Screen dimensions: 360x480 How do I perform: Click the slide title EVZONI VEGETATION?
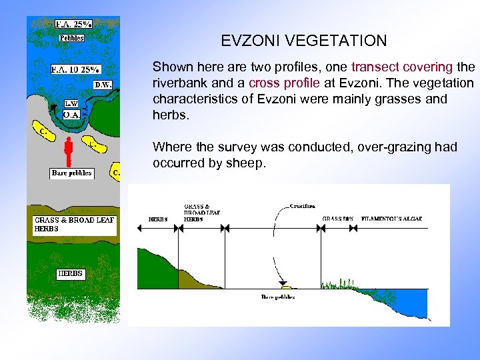coord(303,41)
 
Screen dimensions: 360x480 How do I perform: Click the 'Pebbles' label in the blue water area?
coord(71,38)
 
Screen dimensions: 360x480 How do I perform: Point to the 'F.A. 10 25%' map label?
coord(75,69)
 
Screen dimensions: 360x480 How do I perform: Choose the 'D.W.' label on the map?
coord(102,85)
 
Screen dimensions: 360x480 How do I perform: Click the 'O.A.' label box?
coord(71,115)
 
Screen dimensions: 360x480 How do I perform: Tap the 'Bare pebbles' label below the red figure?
coord(71,173)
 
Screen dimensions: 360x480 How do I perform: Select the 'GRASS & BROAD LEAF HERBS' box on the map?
coord(75,225)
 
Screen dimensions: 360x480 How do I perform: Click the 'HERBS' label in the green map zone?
coord(70,273)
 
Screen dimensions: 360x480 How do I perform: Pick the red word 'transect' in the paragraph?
coord(375,67)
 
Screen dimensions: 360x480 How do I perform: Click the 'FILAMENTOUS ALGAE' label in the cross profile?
coord(391,218)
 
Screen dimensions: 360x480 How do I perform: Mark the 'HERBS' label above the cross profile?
coord(157,218)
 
